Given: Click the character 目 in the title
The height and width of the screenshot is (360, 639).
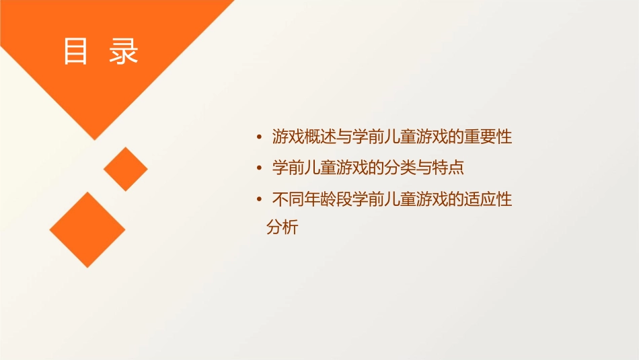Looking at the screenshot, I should click(76, 52).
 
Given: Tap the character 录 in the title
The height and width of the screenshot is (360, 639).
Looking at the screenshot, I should click(123, 52).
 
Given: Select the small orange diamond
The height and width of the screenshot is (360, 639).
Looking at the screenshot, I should click(125, 169).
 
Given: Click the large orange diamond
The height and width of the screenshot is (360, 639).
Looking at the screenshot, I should click(87, 229).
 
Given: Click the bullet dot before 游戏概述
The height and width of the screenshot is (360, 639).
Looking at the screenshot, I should click(260, 138).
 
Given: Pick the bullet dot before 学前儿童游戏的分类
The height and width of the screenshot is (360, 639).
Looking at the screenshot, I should click(260, 168).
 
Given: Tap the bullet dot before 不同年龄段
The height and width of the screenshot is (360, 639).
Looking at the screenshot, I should click(260, 199).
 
